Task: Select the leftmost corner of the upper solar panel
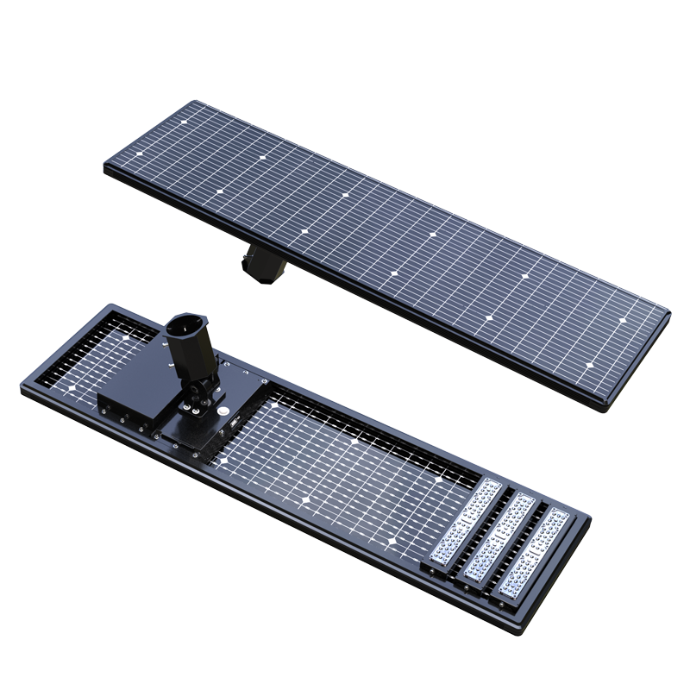106,170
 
